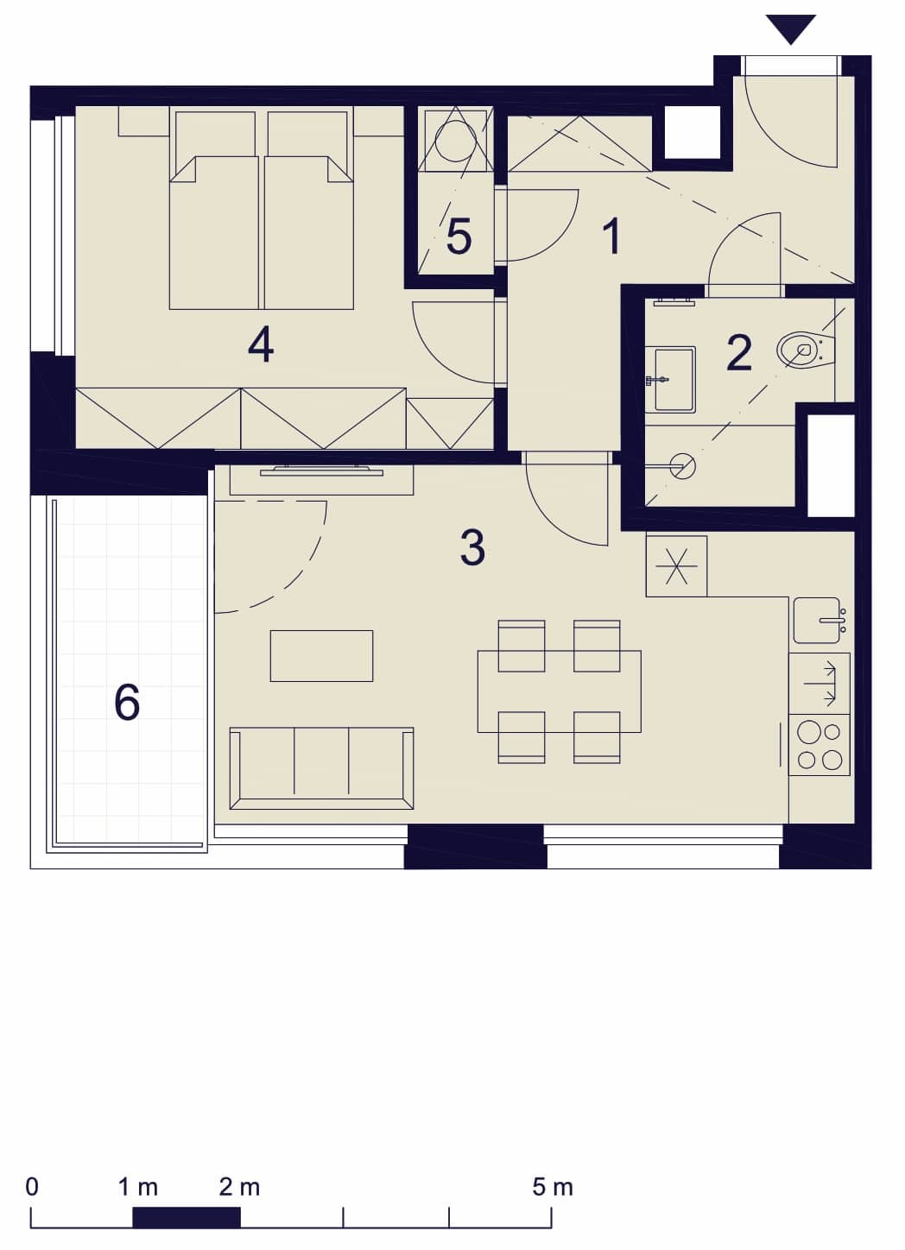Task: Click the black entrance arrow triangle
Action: [x=790, y=27]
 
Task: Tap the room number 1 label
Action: [x=612, y=237]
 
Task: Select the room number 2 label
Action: [x=738, y=353]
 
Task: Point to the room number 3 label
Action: [x=472, y=547]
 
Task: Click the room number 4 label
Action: [x=260, y=345]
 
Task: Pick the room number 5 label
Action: [x=459, y=237]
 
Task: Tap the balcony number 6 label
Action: [x=127, y=702]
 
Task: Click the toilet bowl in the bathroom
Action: [x=805, y=349]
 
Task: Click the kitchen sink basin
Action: [x=817, y=620]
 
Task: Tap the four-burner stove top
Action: [x=819, y=745]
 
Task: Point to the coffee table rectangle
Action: [x=321, y=656]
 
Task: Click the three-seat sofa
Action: [x=321, y=768]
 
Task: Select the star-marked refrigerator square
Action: [x=676, y=565]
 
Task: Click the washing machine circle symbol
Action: [x=455, y=142]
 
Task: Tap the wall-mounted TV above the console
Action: [x=321, y=471]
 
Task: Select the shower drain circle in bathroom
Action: [x=683, y=465]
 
